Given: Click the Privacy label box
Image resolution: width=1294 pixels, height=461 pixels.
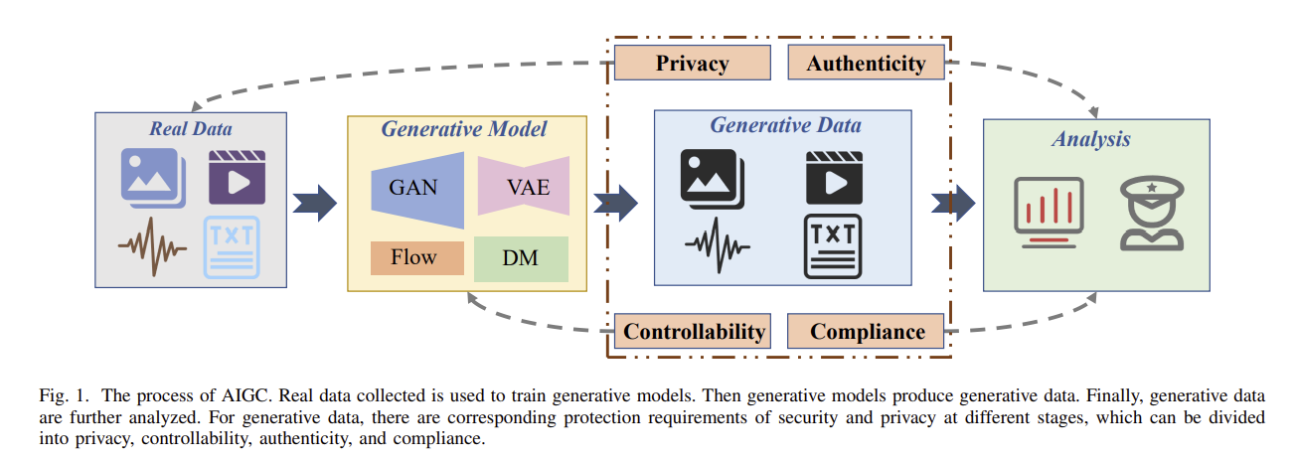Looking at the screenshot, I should (692, 64).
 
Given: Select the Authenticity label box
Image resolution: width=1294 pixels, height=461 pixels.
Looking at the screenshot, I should (866, 64).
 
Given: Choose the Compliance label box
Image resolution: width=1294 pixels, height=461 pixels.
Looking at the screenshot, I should (867, 331).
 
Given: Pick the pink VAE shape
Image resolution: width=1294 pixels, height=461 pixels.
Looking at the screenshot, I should (524, 186).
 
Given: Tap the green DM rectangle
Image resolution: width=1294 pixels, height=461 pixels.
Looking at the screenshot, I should (521, 258).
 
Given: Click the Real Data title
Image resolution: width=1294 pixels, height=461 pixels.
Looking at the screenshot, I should (190, 128).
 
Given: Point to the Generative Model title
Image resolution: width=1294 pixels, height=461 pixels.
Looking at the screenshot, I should (464, 129).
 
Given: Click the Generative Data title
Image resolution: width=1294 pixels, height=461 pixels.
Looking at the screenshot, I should (785, 126).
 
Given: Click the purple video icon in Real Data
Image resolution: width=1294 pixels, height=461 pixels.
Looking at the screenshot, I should (237, 178).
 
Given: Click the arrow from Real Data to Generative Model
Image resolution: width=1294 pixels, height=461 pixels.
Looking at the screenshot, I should (315, 203).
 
